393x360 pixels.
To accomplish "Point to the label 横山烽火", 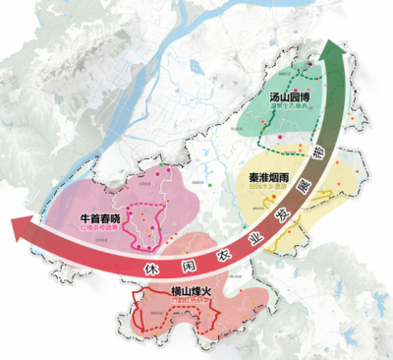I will point(168,292).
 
